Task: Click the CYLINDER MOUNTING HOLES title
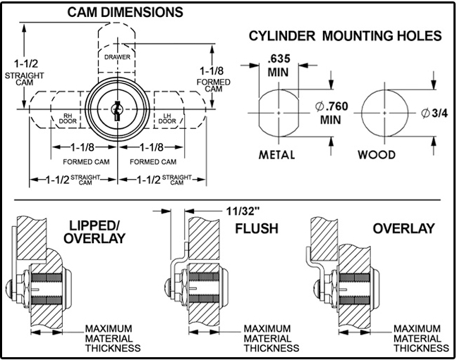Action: click(x=346, y=36)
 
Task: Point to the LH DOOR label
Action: click(x=167, y=120)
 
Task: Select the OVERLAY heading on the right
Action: click(x=404, y=229)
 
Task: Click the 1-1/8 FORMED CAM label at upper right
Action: click(x=212, y=78)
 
